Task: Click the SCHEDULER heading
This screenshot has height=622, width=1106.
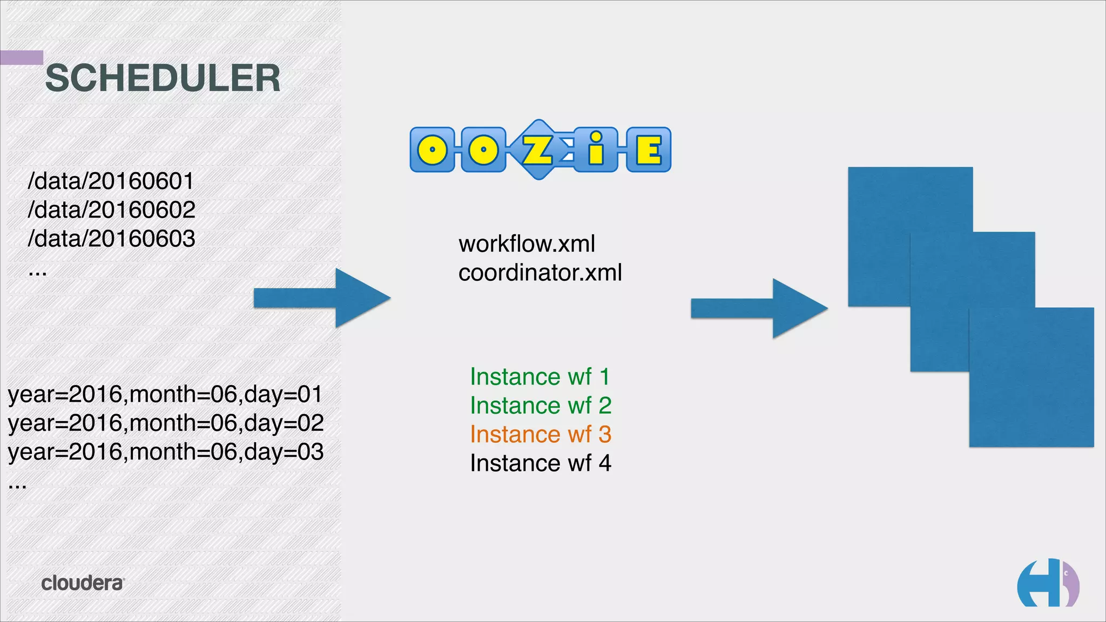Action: click(x=163, y=78)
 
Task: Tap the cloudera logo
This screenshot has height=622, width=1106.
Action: click(x=83, y=583)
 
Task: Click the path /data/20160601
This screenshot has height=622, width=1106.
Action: click(x=111, y=181)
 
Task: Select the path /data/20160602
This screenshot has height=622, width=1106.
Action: click(x=111, y=210)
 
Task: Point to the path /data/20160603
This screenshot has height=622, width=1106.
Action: click(x=111, y=239)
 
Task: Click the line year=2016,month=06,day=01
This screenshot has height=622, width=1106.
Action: click(x=165, y=394)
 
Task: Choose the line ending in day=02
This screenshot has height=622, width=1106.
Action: click(x=165, y=423)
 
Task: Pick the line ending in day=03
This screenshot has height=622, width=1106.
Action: click(x=165, y=452)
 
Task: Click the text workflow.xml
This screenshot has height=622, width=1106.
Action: click(x=527, y=244)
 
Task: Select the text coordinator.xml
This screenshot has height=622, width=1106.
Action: click(x=540, y=273)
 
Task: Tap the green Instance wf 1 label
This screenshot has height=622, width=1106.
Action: click(x=539, y=377)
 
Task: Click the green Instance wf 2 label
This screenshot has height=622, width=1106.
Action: click(x=540, y=405)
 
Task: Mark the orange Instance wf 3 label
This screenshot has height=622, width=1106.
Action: click(x=540, y=434)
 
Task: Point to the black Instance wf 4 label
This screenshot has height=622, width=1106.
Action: click(x=540, y=463)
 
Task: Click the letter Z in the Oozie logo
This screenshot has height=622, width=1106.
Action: click(x=538, y=150)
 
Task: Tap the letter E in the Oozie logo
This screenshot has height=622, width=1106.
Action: click(x=649, y=150)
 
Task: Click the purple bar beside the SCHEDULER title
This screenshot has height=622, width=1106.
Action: click(x=22, y=57)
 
